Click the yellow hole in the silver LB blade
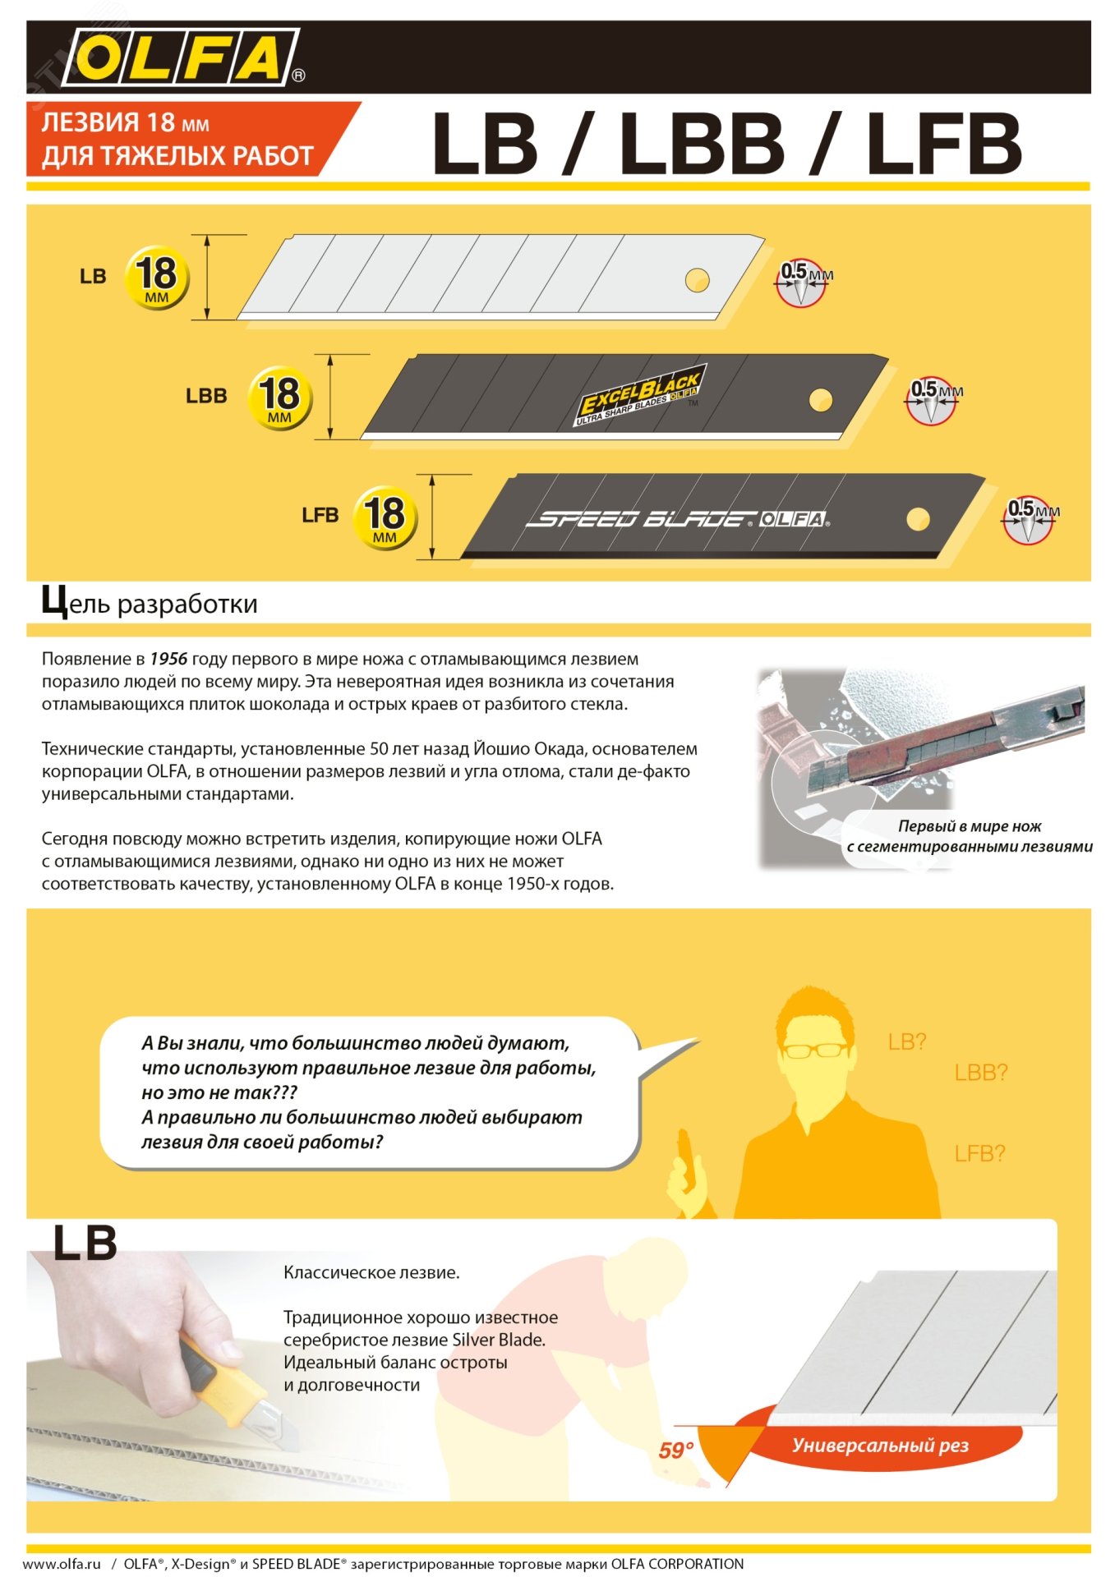pos(697,279)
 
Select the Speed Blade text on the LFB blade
pos(640,519)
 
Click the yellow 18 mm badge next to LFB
pos(385,517)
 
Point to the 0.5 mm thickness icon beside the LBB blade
pos(932,400)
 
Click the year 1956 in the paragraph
pos(168,659)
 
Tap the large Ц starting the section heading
pos(54,602)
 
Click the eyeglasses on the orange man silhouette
pos(814,1050)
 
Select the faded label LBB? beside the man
pos(980,1072)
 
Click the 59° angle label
pos(675,1451)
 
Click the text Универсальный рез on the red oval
pos(880,1445)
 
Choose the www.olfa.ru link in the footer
pos(62,1564)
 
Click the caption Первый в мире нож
pos(970,826)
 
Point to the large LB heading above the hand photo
pos(85,1244)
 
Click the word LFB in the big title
pos(944,145)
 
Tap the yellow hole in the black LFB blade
pos(918,519)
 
